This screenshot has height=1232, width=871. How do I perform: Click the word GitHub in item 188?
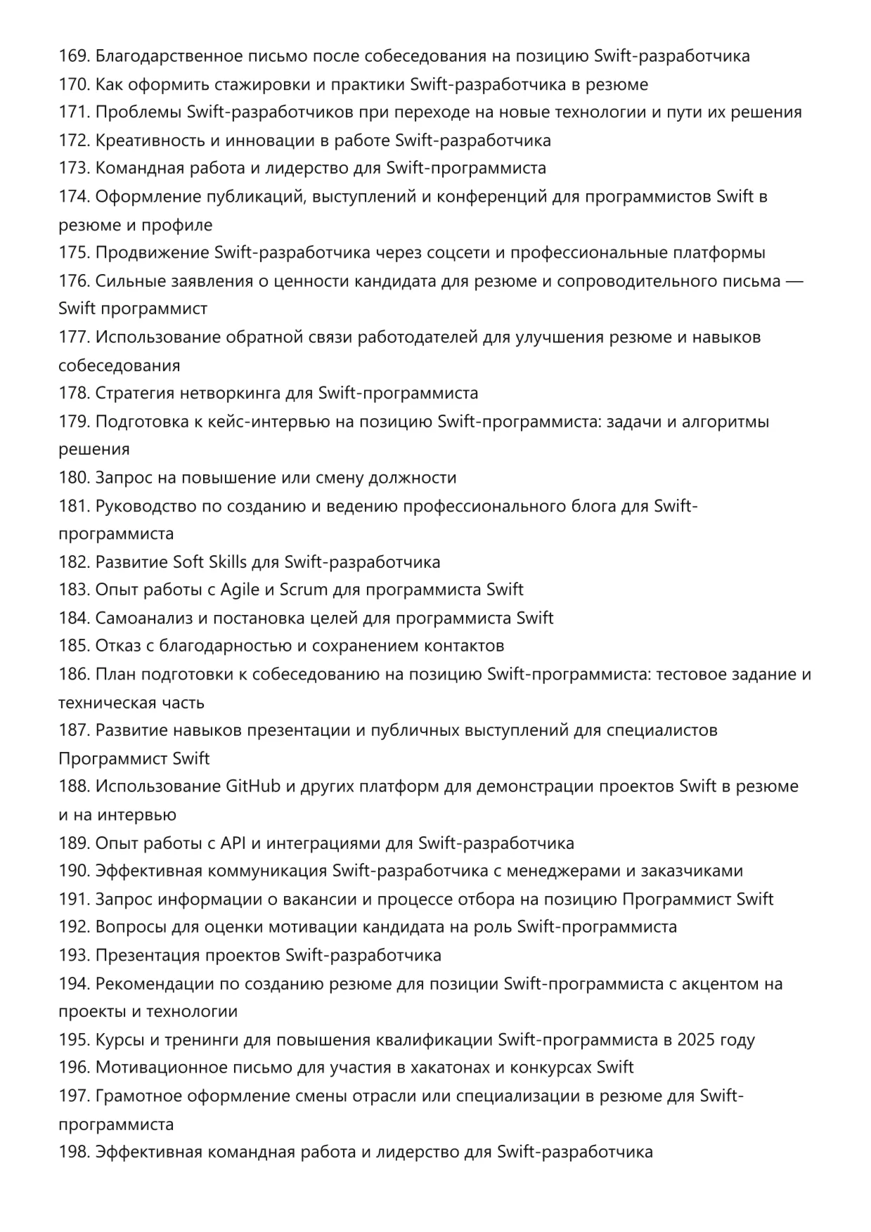click(252, 786)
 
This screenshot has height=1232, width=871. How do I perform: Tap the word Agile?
click(240, 590)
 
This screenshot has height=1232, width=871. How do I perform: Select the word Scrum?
click(303, 590)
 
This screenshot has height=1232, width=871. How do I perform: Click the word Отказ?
click(118, 646)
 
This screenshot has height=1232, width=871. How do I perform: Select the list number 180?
click(73, 478)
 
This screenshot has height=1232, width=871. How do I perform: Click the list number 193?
click(73, 955)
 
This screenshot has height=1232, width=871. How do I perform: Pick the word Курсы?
click(117, 1039)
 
